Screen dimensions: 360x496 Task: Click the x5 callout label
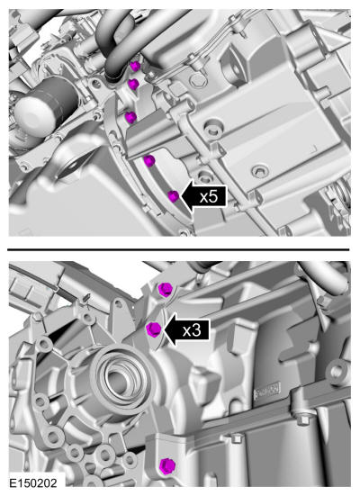point(209,197)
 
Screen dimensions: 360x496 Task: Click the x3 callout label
point(192,330)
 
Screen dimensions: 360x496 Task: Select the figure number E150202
point(33,483)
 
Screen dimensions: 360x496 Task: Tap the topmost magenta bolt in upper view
point(135,67)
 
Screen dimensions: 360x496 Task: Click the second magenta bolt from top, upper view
point(133,84)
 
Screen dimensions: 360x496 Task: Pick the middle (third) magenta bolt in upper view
point(130,118)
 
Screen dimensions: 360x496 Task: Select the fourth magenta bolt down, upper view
point(149,161)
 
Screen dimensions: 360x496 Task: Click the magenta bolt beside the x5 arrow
point(174,196)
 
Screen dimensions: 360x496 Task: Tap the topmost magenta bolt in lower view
point(165,290)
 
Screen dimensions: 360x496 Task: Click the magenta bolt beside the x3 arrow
point(154,329)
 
